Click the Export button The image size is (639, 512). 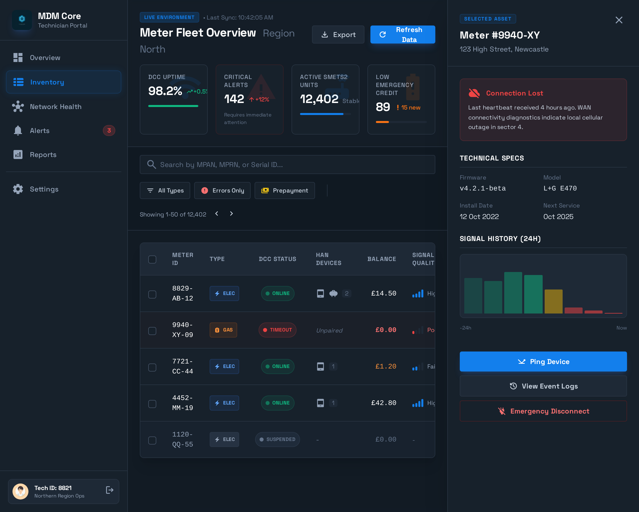click(338, 34)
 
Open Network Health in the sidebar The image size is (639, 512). click(55, 106)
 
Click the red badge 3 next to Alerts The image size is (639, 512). click(109, 130)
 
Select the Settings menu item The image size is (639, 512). click(44, 189)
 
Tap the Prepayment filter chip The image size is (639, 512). click(284, 190)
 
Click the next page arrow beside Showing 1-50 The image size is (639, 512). click(231, 214)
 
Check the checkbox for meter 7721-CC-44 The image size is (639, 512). click(152, 367)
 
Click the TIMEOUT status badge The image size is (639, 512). click(277, 330)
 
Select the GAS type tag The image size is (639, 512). click(223, 330)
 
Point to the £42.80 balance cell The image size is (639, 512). click(383, 403)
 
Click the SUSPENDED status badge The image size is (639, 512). click(277, 439)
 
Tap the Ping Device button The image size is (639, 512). click(543, 361)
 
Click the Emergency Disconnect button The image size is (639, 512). click(543, 411)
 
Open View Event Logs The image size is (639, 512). click(543, 386)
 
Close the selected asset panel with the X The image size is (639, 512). click(619, 20)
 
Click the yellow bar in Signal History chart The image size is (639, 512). click(553, 301)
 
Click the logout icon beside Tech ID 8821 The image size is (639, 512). click(109, 490)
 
